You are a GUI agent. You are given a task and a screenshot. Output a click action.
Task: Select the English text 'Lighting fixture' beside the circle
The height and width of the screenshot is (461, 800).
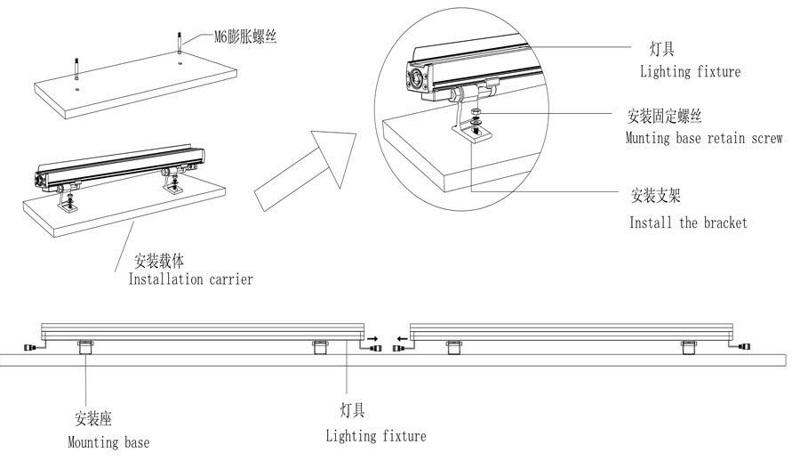(x=690, y=71)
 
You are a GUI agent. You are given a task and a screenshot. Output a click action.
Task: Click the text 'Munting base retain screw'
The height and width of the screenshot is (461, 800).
(x=703, y=139)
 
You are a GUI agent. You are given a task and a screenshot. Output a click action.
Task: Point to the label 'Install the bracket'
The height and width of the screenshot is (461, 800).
(x=688, y=222)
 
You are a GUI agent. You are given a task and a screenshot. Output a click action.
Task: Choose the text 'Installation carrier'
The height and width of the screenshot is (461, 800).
(x=191, y=279)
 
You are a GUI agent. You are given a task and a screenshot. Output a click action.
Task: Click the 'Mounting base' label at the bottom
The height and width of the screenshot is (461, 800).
(x=108, y=442)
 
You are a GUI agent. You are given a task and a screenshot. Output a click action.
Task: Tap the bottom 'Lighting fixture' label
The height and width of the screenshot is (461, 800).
(x=375, y=436)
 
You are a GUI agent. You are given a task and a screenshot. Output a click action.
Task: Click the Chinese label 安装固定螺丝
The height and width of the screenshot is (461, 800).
(x=665, y=117)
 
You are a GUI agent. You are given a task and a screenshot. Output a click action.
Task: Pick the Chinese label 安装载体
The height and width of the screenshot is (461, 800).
(x=158, y=262)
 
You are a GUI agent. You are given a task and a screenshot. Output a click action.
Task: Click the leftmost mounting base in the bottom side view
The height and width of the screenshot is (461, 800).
(x=85, y=346)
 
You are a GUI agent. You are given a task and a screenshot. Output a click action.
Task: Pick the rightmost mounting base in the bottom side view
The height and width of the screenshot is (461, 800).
(x=688, y=346)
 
